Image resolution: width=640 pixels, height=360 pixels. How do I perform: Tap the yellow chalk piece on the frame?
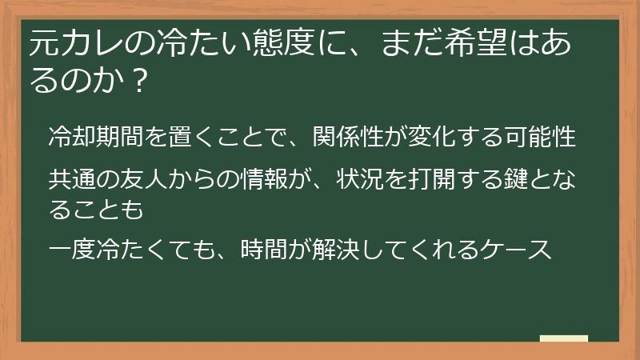(x=563, y=339)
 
